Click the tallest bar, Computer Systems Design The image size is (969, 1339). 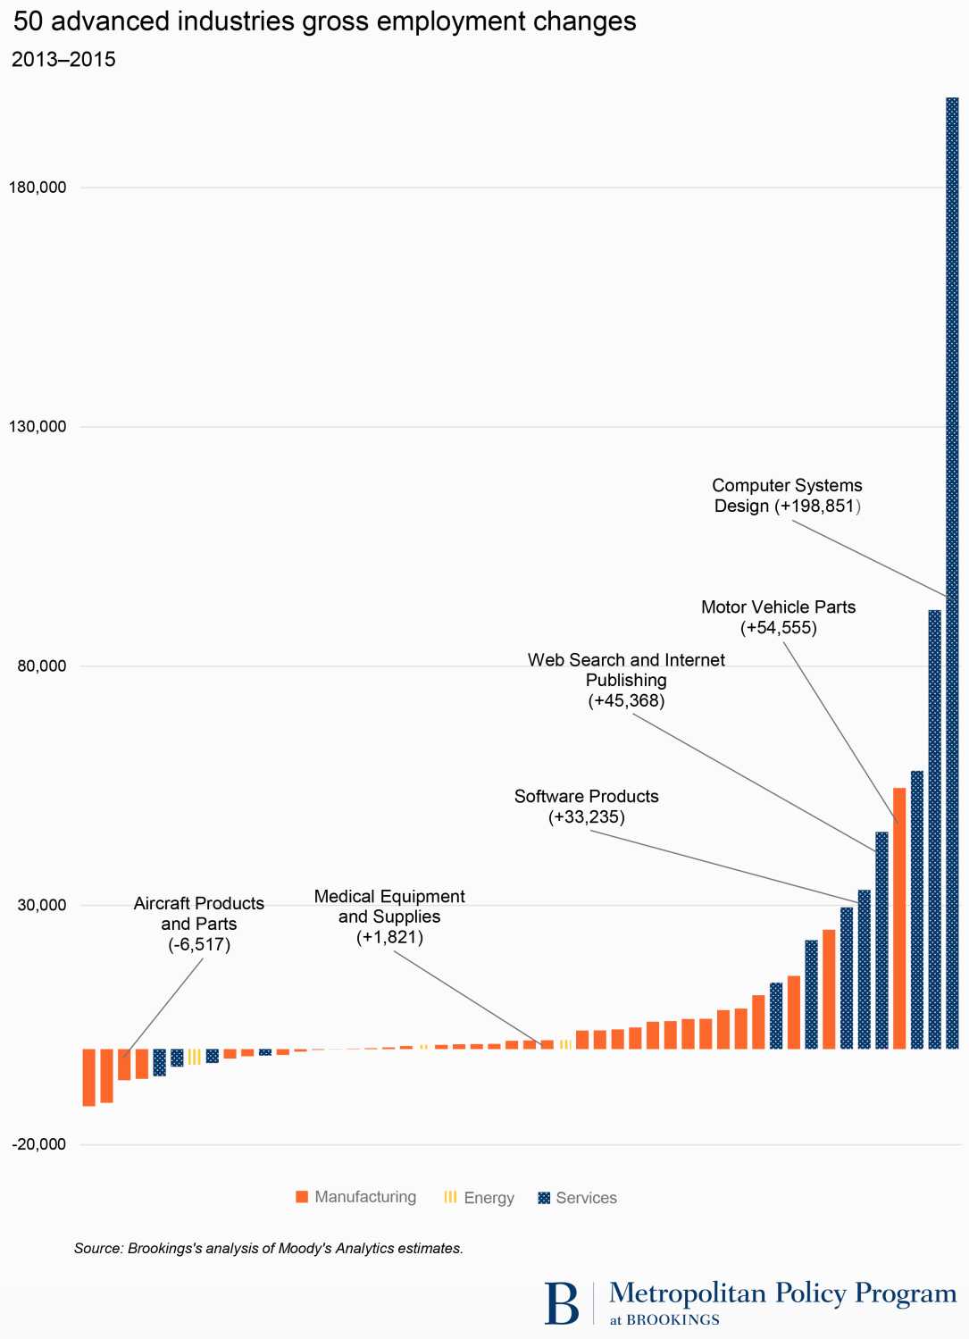coord(952,572)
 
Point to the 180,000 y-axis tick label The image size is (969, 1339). coord(38,188)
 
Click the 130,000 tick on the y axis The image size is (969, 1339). coord(38,427)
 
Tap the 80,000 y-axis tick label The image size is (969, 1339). coord(42,666)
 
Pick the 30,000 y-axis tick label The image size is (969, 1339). coord(42,905)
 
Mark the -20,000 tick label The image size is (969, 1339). coord(39,1144)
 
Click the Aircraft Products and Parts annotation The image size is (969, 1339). coord(199,924)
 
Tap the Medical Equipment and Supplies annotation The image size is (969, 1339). coord(389,916)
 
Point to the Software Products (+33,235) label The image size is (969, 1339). coord(587,807)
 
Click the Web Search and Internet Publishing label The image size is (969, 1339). coord(626,680)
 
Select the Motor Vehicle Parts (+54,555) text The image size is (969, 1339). coord(778,617)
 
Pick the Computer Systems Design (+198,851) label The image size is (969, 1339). coord(787,496)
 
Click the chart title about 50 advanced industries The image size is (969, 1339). coord(324,21)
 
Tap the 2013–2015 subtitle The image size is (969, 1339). coord(63,60)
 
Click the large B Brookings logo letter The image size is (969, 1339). coord(562,1303)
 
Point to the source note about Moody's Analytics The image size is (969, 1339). coord(268,1248)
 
